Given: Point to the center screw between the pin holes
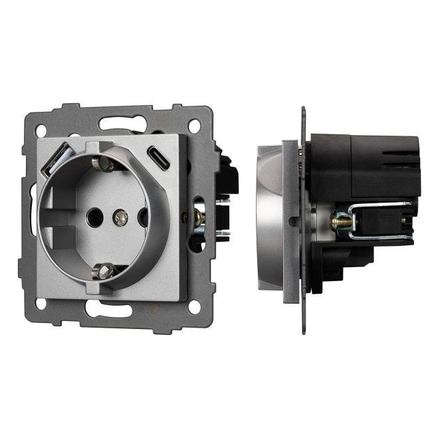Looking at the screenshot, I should pos(120,215).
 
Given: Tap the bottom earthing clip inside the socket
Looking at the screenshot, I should pos(104,270).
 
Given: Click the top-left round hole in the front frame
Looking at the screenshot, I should pos(40,131).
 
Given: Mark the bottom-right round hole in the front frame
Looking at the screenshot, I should pos(194,307).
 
